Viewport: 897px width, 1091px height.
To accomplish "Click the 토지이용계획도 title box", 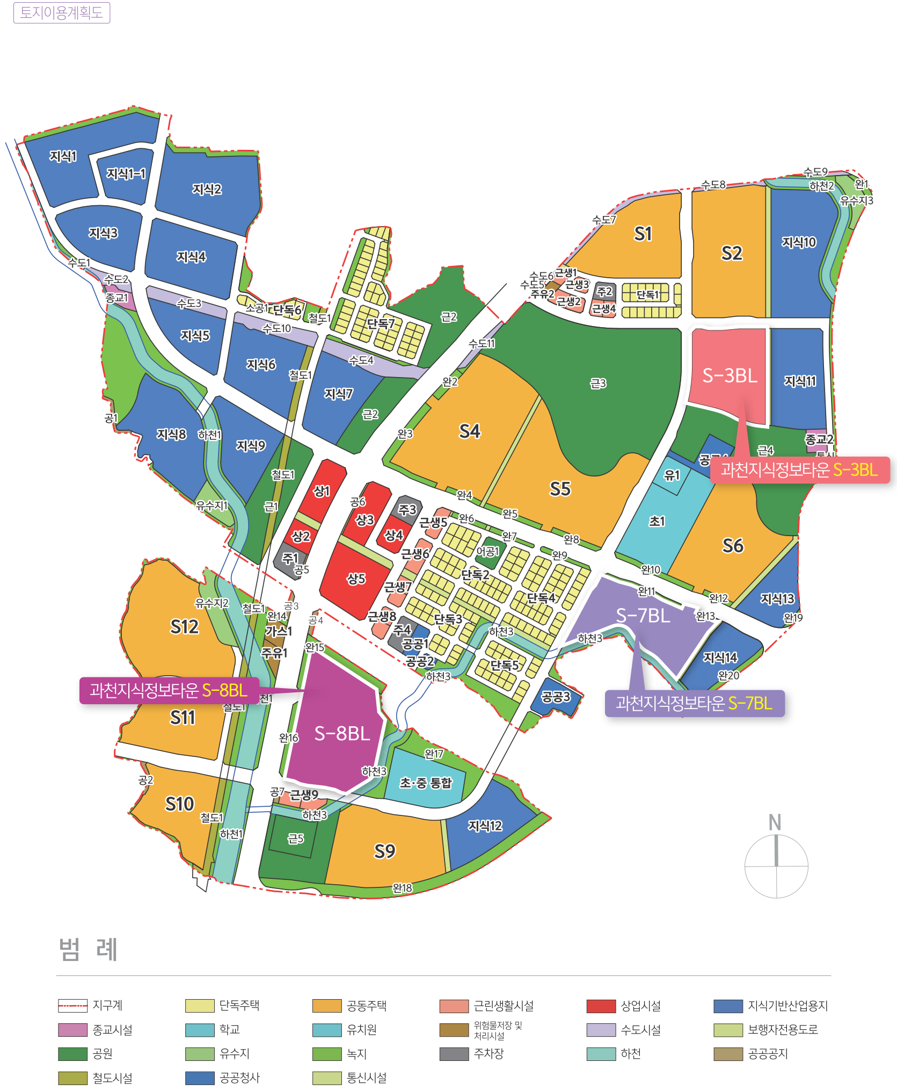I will pyautogui.click(x=61, y=13).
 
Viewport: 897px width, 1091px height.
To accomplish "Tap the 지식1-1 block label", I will pyautogui.click(x=126, y=174).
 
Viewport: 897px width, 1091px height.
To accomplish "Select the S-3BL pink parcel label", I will pyautogui.click(x=730, y=375).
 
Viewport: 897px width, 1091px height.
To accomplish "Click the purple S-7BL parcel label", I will pyautogui.click(x=643, y=616).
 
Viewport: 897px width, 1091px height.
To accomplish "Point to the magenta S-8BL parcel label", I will pyautogui.click(x=342, y=733).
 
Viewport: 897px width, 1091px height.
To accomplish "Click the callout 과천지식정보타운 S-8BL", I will pyautogui.click(x=169, y=690).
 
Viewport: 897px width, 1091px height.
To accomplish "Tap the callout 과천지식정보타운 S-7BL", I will pyautogui.click(x=694, y=703).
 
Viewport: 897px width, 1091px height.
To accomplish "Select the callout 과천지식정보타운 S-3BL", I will pyautogui.click(x=799, y=470).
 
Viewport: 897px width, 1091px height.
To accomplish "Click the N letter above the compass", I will pyautogui.click(x=775, y=822).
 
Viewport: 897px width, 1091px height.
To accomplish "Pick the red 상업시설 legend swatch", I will pyautogui.click(x=601, y=1006).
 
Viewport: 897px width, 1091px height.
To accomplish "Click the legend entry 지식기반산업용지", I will pyautogui.click(x=787, y=1006).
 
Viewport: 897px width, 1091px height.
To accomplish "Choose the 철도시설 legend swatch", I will pyautogui.click(x=72, y=1078).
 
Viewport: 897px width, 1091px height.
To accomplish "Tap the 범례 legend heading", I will pyautogui.click(x=88, y=949).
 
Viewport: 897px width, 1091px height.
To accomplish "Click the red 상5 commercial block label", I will pyautogui.click(x=356, y=579).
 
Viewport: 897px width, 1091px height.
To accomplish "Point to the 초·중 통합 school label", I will pyautogui.click(x=426, y=783).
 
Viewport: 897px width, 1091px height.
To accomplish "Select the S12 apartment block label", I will pyautogui.click(x=184, y=627).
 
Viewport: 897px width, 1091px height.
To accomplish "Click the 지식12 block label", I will pyautogui.click(x=485, y=826).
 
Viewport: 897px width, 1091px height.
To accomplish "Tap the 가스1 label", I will pyautogui.click(x=279, y=631).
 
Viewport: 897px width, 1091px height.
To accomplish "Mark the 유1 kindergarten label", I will pyautogui.click(x=672, y=475).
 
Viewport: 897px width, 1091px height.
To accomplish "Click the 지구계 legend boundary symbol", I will pyautogui.click(x=72, y=1006).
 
